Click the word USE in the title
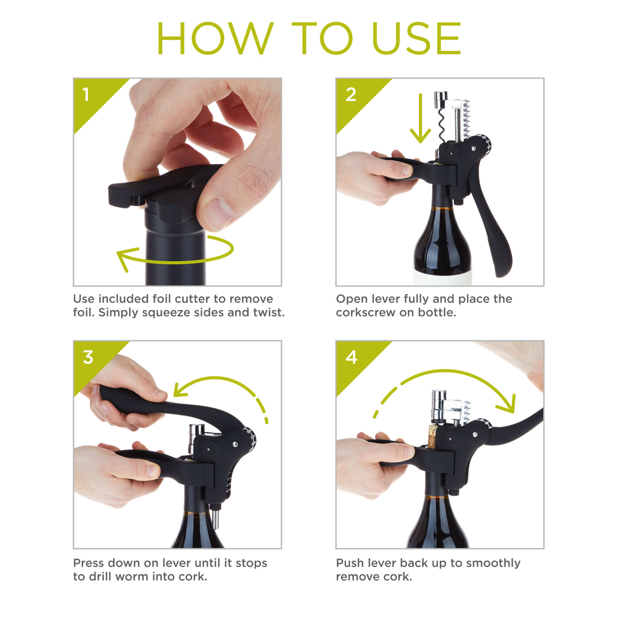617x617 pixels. (x=416, y=39)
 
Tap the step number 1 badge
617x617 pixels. (x=86, y=95)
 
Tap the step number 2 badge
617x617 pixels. (x=351, y=95)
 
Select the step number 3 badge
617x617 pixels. (x=88, y=357)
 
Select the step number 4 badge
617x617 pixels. (x=352, y=357)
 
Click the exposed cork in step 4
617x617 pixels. (x=433, y=437)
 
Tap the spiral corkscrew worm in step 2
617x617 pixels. (x=441, y=125)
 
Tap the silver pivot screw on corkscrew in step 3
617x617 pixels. (x=235, y=445)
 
